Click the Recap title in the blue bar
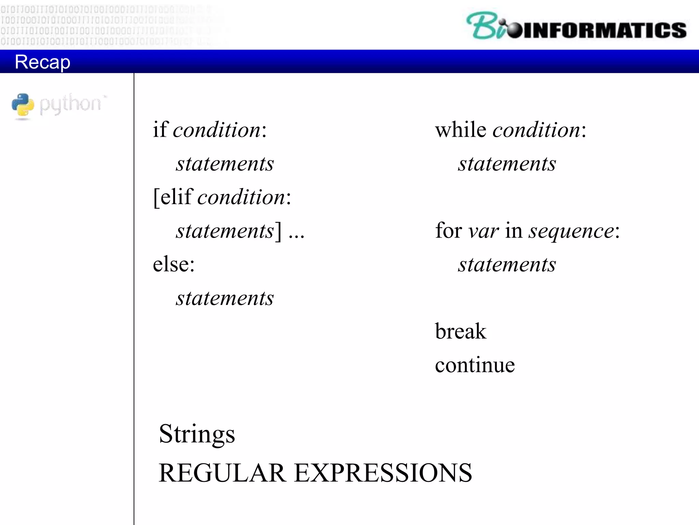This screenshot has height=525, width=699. coord(42,62)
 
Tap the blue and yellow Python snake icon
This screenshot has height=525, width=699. coord(23,105)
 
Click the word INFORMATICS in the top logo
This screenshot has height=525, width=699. coord(604,30)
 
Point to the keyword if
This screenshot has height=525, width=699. coord(160,130)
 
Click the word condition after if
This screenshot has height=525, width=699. coord(217,130)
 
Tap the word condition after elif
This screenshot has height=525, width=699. coord(242,197)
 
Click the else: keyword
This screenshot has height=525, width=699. coord(173,264)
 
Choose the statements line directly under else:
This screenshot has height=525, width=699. coord(225,298)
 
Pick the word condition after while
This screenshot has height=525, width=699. coord(536,130)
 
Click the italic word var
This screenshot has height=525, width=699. coord(483,231)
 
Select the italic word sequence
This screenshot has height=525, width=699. coord(571,231)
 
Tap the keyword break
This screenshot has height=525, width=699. coord(460,331)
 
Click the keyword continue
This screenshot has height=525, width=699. coord(474,365)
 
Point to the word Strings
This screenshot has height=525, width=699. coord(197,434)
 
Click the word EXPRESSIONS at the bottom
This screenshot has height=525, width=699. coord(383,473)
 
